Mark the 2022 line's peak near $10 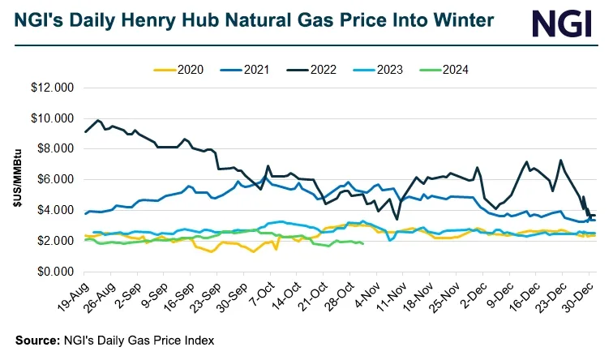pos(99,120)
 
